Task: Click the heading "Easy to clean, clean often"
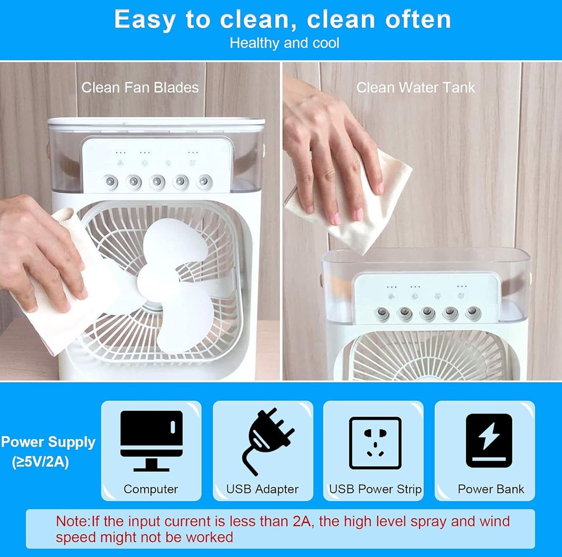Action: click(283, 20)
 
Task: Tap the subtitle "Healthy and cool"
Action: click(284, 43)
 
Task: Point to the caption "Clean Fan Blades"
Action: click(140, 88)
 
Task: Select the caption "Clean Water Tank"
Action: click(415, 88)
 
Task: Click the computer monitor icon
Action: click(151, 441)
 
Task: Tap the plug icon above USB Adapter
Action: click(267, 441)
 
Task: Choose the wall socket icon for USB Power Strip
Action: click(375, 443)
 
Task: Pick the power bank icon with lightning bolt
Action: click(489, 441)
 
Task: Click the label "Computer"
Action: click(151, 489)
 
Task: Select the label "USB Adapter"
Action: click(262, 489)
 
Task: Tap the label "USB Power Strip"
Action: click(375, 489)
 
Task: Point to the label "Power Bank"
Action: click(490, 489)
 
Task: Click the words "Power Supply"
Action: click(49, 442)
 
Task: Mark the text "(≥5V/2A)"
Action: click(40, 462)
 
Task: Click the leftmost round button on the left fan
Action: click(110, 182)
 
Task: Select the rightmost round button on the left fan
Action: click(204, 182)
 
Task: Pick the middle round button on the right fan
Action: click(427, 314)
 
